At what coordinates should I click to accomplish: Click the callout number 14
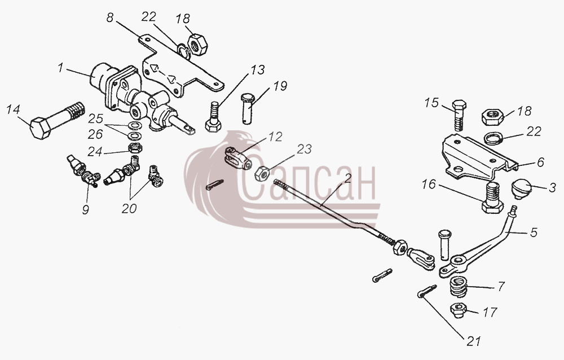pos(14,109)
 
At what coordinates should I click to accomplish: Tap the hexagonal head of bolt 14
pos(39,128)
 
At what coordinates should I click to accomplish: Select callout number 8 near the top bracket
pos(110,17)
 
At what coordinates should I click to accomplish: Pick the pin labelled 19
pos(248,108)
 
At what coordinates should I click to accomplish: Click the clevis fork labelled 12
pos(238,158)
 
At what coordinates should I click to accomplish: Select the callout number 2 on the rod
pos(347,178)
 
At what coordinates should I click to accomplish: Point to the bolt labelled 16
pos(492,197)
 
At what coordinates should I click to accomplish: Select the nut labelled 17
pos(459,310)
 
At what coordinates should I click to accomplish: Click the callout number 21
pos(473,341)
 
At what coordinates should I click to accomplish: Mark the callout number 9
pos(85,209)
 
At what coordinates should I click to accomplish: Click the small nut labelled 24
pos(135,148)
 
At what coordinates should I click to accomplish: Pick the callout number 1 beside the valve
pos(60,67)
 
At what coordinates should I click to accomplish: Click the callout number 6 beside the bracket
pos(541,162)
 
